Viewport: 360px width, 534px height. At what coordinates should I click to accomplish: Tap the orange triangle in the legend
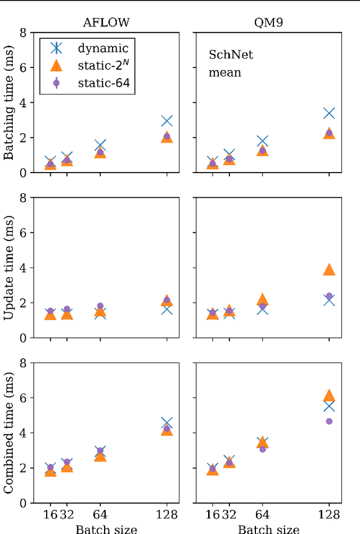pos(56,66)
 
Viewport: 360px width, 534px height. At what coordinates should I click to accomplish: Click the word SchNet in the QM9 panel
pos(231,55)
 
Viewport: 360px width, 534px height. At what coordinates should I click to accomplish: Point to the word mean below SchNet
pos(224,72)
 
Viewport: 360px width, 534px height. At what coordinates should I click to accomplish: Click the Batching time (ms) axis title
pos(9,103)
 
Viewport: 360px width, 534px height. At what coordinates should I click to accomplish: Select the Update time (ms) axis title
pos(9,268)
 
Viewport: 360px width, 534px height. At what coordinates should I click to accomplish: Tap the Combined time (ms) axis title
pos(9,432)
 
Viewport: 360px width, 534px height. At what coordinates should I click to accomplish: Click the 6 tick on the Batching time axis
pos(22,67)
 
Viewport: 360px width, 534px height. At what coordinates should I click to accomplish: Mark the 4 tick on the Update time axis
pos(22,268)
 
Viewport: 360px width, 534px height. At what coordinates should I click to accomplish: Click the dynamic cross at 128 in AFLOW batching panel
pos(166,121)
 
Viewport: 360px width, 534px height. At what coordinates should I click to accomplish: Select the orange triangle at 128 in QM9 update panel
pos(329,270)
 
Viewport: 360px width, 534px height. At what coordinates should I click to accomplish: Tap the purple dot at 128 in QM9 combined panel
pos(329,421)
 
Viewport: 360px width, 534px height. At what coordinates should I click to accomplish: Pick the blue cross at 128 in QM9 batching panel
pos(329,113)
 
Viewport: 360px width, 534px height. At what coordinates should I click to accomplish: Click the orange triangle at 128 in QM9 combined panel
pos(329,396)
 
